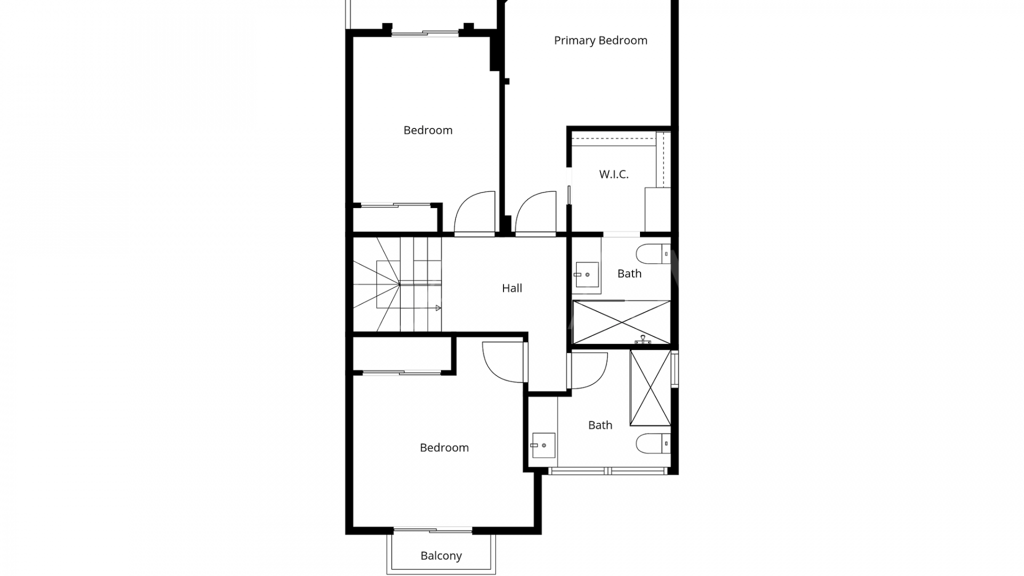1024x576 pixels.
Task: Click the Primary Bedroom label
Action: [601, 41]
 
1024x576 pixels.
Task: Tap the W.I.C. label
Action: [613, 174]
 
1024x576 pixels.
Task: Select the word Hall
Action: [512, 288]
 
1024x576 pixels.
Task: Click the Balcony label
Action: [441, 556]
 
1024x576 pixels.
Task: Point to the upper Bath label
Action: [629, 274]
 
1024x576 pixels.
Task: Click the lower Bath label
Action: [600, 425]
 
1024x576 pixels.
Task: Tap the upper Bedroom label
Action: [428, 130]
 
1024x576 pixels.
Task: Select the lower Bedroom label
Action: [444, 447]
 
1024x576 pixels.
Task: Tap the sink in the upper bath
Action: [587, 275]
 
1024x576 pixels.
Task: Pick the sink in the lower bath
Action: [543, 445]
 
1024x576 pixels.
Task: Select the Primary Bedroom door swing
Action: [535, 212]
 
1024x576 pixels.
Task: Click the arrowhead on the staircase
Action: [438, 308]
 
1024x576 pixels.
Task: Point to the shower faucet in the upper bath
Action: [643, 340]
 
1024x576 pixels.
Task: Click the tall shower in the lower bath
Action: [650, 388]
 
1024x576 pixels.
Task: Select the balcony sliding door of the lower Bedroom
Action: [433, 531]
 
